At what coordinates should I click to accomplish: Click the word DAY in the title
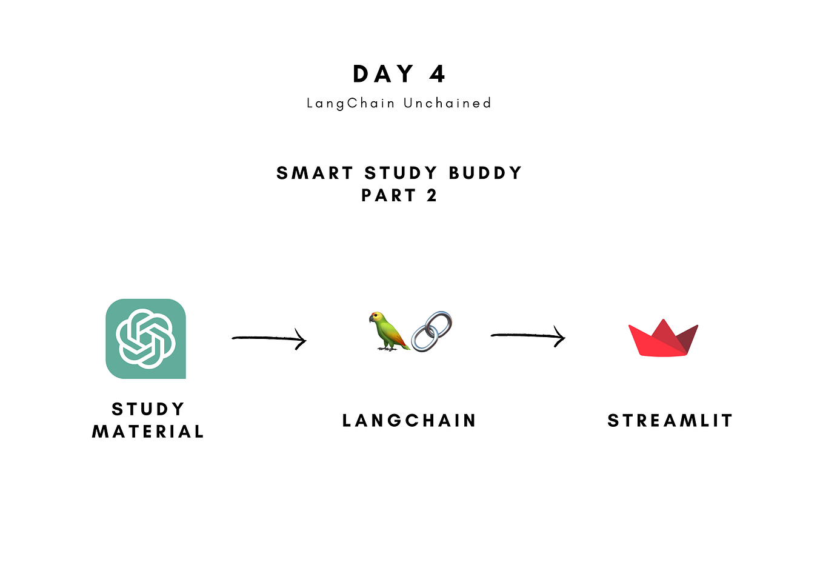[383, 75]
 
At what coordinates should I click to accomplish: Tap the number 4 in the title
[438, 75]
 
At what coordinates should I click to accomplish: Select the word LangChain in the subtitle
[351, 104]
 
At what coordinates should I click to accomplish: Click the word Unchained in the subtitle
[447, 104]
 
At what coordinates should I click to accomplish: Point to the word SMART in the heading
[315, 173]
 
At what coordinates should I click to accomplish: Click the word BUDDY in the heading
[485, 173]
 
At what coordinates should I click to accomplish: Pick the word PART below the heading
[388, 196]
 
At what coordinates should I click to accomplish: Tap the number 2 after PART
[431, 196]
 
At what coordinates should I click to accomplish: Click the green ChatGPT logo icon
[145, 339]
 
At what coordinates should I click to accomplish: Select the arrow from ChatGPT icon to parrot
[268, 339]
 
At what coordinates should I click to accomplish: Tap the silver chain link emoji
[431, 332]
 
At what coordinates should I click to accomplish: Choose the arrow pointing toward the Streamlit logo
[527, 335]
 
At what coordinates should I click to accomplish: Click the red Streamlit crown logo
[663, 339]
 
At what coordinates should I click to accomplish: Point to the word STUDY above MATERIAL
[148, 409]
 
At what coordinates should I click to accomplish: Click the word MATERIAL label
[148, 432]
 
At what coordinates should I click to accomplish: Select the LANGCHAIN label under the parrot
[410, 421]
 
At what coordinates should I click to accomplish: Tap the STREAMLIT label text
[670, 421]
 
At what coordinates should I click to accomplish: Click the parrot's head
[378, 318]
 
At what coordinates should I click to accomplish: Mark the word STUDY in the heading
[401, 173]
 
